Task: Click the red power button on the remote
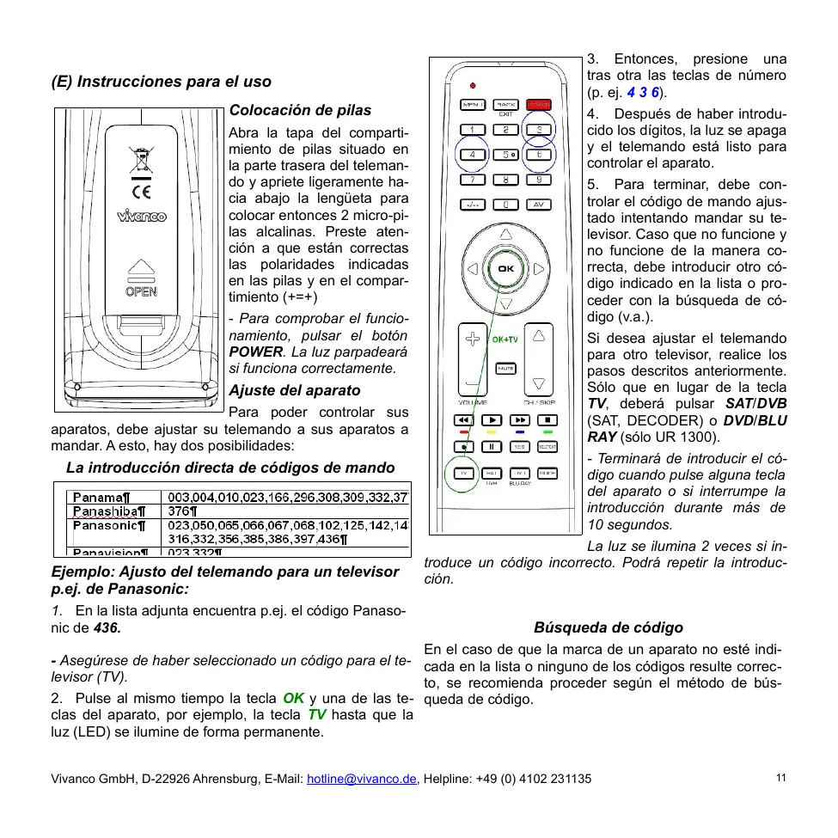538,105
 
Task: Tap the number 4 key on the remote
472,155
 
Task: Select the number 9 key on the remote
538,180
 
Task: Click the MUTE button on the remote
505,368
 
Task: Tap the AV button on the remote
538,205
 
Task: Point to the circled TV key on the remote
465,474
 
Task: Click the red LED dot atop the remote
473,86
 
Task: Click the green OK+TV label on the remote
505,339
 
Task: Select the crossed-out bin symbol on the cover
141,160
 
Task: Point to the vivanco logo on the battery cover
142,217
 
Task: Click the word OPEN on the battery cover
141,291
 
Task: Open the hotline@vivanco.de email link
362,779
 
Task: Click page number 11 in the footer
780,778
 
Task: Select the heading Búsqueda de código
609,627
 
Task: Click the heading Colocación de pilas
300,110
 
